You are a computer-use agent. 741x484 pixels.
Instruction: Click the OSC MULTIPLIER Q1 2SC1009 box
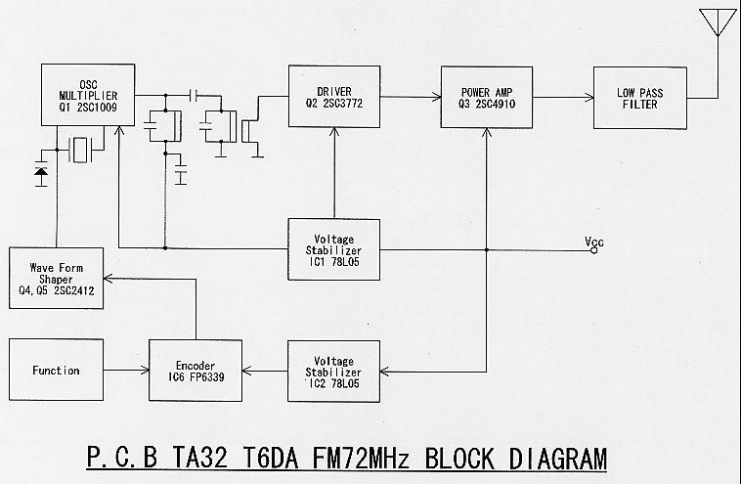pos(88,95)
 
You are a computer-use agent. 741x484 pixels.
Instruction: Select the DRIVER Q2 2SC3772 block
pos(334,97)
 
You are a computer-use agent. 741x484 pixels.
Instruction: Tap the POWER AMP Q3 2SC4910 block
pos(487,98)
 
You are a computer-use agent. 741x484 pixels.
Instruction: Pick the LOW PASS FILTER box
pos(640,98)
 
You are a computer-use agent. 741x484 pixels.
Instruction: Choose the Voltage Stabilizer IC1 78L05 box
pos(333,249)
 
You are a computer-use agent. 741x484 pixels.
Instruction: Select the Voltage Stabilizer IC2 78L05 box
pos(333,372)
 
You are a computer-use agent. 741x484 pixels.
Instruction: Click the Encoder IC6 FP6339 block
pos(196,371)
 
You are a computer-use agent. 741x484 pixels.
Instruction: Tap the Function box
pos(57,370)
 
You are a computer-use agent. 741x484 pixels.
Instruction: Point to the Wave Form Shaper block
pos(57,278)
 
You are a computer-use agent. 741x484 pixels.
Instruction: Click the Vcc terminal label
pos(594,242)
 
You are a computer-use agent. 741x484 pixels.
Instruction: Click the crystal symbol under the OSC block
pos(80,150)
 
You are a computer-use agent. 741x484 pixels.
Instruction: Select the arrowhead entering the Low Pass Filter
pos(588,98)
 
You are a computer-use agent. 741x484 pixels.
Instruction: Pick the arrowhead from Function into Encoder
pos(144,371)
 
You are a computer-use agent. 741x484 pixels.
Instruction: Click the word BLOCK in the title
pos(459,459)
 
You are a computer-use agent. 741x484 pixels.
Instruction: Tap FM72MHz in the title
pos(360,459)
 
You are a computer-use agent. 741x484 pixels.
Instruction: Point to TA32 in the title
pos(199,459)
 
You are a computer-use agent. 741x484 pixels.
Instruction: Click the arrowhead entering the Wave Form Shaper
pos(109,279)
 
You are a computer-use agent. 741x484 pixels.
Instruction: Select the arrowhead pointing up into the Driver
pos(334,133)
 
